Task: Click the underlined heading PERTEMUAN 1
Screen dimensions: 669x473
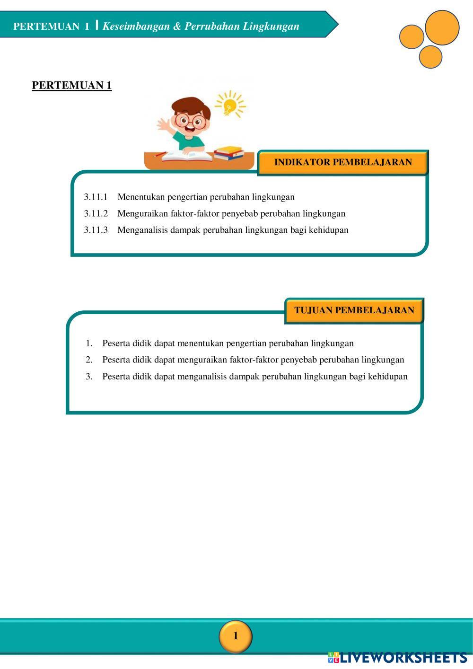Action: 72,85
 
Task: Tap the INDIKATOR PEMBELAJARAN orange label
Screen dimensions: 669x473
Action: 343,162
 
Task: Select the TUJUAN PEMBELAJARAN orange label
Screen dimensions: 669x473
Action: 354,310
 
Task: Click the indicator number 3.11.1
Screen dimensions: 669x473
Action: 96,197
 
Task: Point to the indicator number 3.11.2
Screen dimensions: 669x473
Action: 96,213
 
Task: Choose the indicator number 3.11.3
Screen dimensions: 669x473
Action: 96,230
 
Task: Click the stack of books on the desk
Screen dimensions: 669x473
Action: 229,153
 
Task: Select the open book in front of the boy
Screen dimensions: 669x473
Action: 187,156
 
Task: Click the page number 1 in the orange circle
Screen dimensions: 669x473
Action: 236,636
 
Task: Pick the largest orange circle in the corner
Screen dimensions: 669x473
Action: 442,28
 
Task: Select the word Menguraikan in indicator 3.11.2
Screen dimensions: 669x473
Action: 142,213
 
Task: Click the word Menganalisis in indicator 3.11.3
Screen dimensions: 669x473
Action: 143,230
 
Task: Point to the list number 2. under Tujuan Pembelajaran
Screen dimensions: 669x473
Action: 89,360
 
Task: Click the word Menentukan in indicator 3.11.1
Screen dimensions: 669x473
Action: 141,197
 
